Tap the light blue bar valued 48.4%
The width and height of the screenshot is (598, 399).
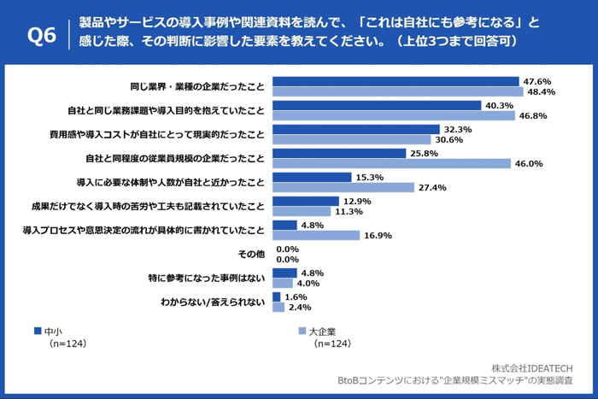coord(397,91)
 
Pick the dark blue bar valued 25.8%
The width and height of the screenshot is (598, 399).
coord(338,153)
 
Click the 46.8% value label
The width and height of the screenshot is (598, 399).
coord(534,115)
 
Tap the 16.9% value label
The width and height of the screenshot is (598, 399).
coord(378,235)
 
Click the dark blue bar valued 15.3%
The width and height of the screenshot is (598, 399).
coord(312,177)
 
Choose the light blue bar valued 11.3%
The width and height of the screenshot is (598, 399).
coord(302,211)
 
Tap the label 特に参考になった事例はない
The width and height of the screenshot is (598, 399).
coord(207,278)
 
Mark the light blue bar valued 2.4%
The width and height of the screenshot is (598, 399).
coord(278,307)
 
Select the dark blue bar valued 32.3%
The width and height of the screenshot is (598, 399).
coord(355,129)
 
